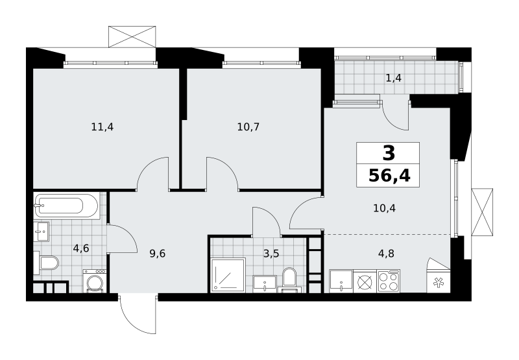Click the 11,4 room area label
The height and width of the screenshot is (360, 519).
(103, 126)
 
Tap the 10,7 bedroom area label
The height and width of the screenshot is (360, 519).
(248, 126)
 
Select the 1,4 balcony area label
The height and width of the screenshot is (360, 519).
(394, 78)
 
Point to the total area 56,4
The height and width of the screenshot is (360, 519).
(389, 176)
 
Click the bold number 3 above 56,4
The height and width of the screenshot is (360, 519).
(389, 153)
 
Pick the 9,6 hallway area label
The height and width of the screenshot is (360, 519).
(157, 254)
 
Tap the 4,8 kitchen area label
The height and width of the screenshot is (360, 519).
(386, 254)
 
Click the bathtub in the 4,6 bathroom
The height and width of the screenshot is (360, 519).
(66, 206)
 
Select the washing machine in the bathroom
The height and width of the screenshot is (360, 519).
(95, 281)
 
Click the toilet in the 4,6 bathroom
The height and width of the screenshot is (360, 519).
(46, 263)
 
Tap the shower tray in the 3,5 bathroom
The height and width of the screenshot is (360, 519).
(228, 275)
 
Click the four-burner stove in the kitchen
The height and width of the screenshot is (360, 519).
(389, 282)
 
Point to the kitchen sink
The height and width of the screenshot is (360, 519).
(341, 282)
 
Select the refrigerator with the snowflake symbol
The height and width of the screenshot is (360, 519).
(439, 282)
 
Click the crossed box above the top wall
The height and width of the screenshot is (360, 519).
(132, 37)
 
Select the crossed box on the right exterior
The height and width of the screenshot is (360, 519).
(482, 212)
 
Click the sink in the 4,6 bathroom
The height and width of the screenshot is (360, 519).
(42, 232)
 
